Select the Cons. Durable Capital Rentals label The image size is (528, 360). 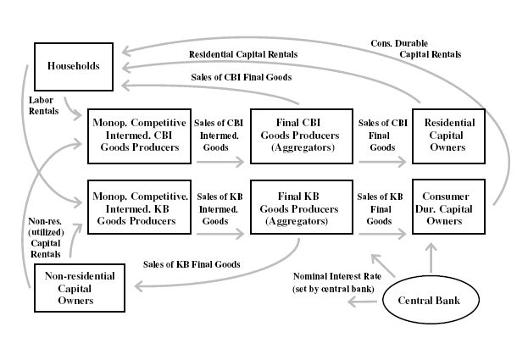[415, 48]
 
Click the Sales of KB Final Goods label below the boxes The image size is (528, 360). [192, 264]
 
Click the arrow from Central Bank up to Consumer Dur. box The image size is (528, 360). [432, 254]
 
